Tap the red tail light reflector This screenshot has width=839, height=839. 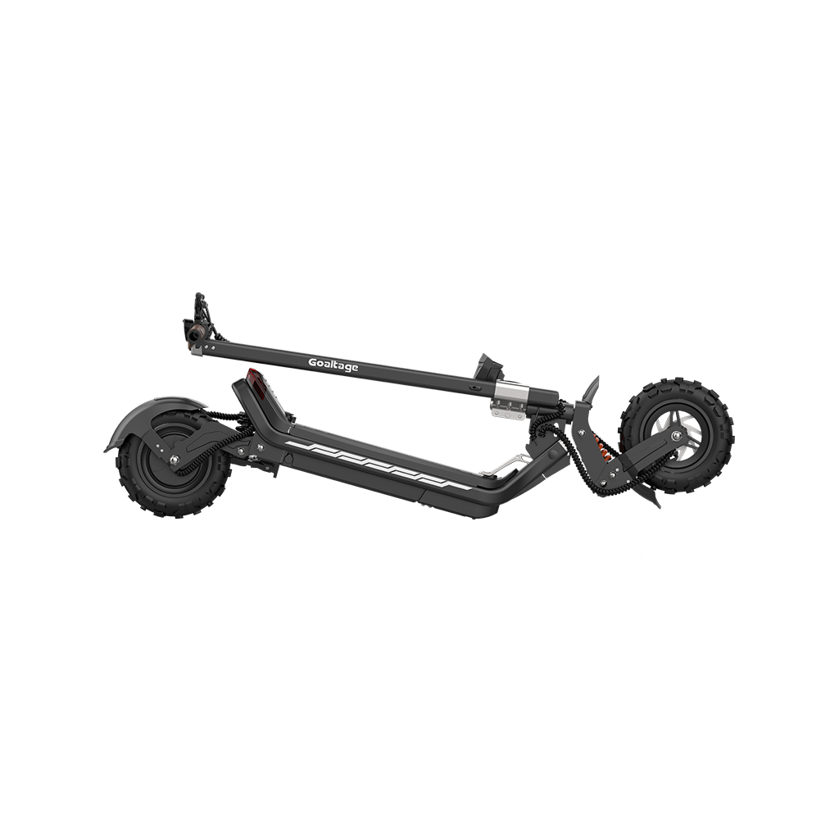click(255, 384)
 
